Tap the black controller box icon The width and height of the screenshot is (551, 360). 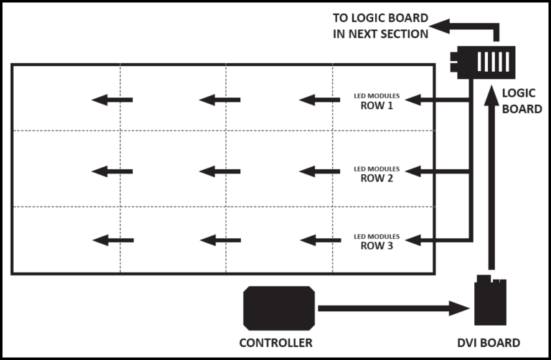[x=278, y=307]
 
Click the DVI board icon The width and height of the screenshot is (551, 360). [x=491, y=300]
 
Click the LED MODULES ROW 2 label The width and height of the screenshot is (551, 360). [x=377, y=173]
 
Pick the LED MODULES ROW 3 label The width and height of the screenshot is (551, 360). [x=377, y=241]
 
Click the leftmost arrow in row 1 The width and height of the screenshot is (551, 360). [x=113, y=99]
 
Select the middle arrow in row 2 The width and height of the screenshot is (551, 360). [x=220, y=171]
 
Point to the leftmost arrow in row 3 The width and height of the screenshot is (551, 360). [x=113, y=240]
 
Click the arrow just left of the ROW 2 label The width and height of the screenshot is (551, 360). [x=320, y=171]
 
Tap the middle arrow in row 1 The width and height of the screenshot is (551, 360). [x=220, y=99]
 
